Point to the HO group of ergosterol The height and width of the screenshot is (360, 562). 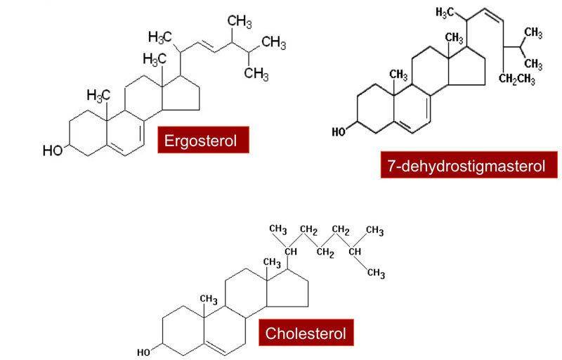point(53,150)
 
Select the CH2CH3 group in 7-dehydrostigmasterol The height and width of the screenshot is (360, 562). point(517,79)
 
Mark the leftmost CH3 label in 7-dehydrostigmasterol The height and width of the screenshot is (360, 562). point(398,75)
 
